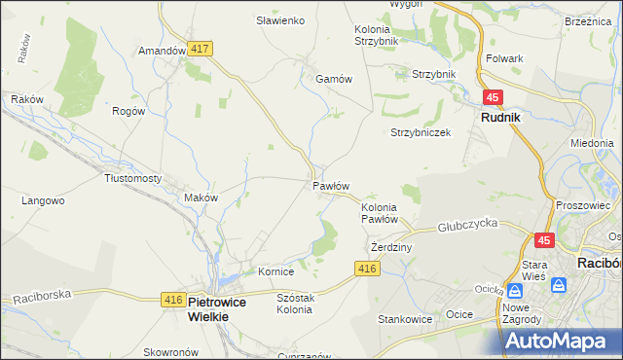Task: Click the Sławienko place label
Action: click(x=280, y=20)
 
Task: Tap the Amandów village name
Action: click(x=162, y=51)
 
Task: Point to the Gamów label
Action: click(x=332, y=80)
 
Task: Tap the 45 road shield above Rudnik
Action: click(x=493, y=98)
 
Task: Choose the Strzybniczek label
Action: click(x=421, y=132)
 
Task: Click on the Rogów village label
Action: click(x=128, y=111)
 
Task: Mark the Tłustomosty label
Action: click(x=132, y=179)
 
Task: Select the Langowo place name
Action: click(x=43, y=200)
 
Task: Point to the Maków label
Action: click(x=201, y=198)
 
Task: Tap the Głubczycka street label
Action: click(x=467, y=224)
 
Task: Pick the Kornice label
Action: click(x=275, y=271)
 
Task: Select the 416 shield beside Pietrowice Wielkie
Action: click(x=173, y=301)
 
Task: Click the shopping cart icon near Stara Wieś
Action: click(x=559, y=285)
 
